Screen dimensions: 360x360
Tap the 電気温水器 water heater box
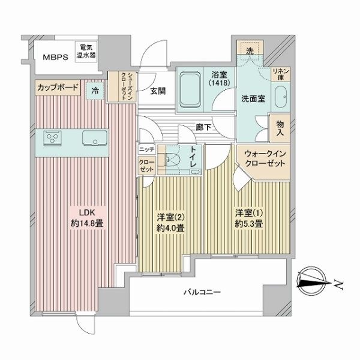[86, 52]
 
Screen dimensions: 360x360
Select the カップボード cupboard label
[57, 88]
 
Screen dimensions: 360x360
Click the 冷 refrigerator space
[95, 91]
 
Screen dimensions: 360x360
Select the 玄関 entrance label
[158, 91]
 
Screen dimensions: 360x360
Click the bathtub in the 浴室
[193, 91]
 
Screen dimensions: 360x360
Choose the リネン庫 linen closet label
[281, 74]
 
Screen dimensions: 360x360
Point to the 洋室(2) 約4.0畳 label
[170, 222]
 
